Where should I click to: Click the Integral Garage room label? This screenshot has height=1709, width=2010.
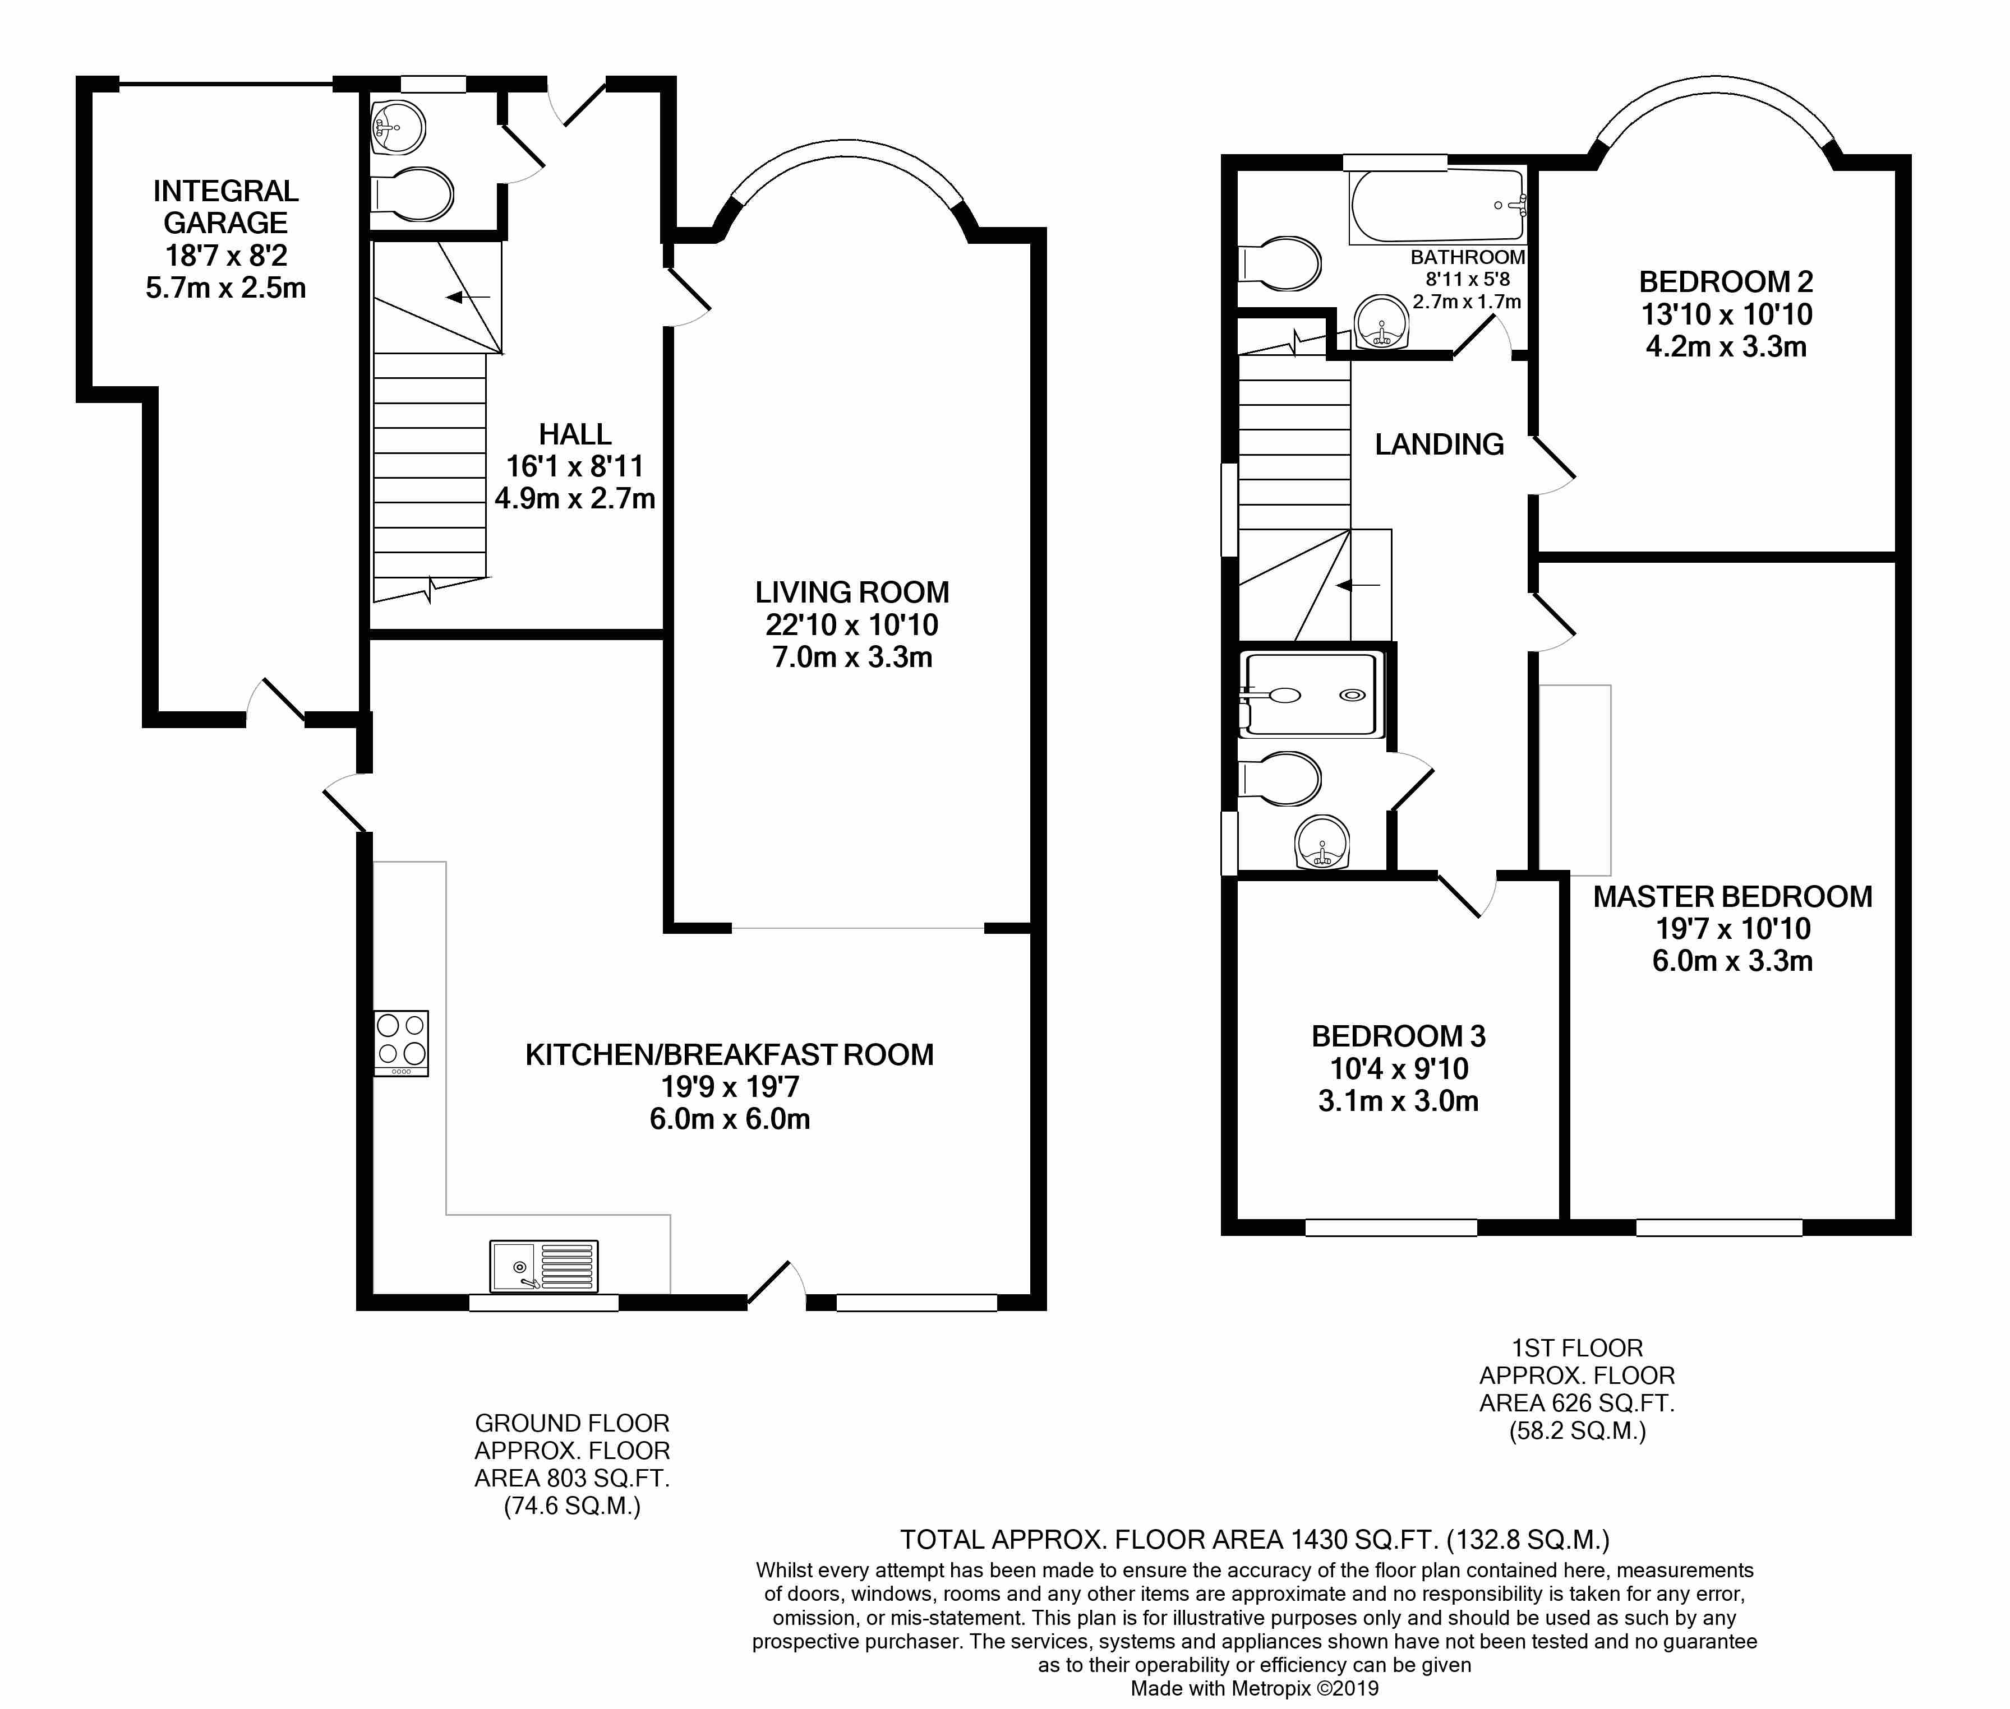click(x=226, y=206)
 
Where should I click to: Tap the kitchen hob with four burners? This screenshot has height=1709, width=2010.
click(x=401, y=1044)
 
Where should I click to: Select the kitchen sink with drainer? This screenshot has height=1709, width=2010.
click(x=543, y=1266)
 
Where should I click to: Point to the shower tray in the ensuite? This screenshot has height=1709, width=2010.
click(x=1313, y=694)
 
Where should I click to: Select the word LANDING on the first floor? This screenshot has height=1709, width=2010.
click(x=1439, y=444)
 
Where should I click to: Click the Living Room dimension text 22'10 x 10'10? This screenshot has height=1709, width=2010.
click(x=852, y=625)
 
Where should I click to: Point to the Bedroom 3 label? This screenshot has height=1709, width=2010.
click(x=1399, y=1036)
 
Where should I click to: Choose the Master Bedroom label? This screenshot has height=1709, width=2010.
click(x=1733, y=896)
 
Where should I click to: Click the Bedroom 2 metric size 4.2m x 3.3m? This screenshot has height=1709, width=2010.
click(x=1726, y=347)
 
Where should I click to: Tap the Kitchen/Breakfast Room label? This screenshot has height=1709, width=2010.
click(x=730, y=1054)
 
